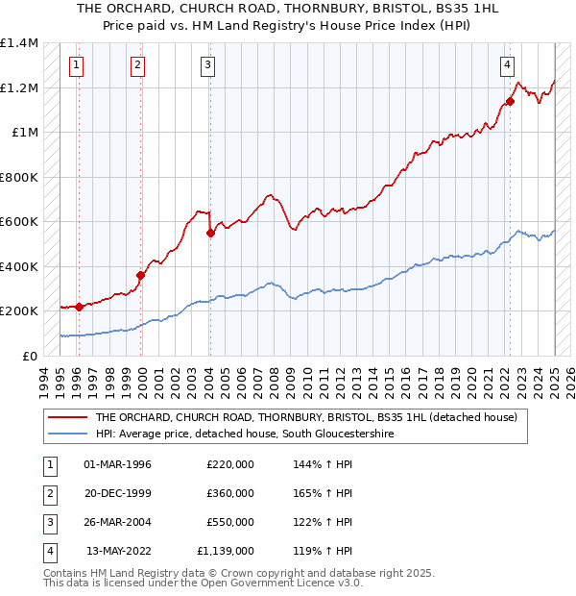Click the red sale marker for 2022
[510, 101]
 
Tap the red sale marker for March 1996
[79, 307]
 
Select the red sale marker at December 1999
[141, 275]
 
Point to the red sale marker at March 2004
[210, 233]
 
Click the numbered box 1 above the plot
[75, 65]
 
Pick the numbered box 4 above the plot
[506, 65]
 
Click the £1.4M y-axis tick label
[19, 43]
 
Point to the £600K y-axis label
[19, 222]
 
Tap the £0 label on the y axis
[30, 356]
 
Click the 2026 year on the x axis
[570, 379]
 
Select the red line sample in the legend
[66, 418]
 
